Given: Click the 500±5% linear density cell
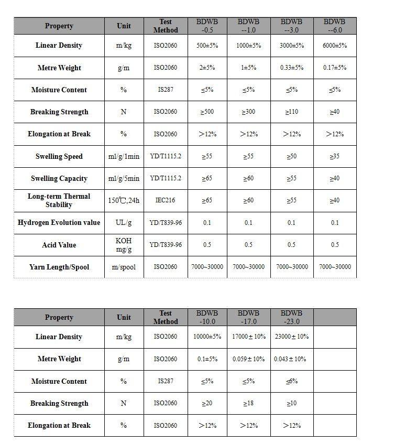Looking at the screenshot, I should pyautogui.click(x=207, y=46).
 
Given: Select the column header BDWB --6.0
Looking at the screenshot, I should pyautogui.click(x=334, y=26).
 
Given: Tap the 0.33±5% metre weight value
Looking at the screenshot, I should pyautogui.click(x=291, y=68).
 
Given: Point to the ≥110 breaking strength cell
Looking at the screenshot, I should pyautogui.click(x=291, y=112).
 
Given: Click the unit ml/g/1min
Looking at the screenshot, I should pyautogui.click(x=124, y=156).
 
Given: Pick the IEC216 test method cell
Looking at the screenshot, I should pyautogui.click(x=166, y=200).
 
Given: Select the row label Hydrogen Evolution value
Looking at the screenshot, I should pyautogui.click(x=59, y=222).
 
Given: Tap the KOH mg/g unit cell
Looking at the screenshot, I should pyautogui.click(x=124, y=245).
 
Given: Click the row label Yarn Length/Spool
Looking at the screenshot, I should pyautogui.click(x=59, y=267).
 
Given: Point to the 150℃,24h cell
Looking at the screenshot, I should pyautogui.click(x=124, y=200).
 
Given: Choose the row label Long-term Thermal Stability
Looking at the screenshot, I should pyautogui.click(x=59, y=200).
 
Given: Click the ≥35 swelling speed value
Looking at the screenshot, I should pyautogui.click(x=334, y=156).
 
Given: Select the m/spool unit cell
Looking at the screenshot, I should pyautogui.click(x=124, y=267).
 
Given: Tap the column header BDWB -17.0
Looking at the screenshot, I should pyautogui.click(x=248, y=317).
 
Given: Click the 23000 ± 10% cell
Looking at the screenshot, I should pyautogui.click(x=291, y=337).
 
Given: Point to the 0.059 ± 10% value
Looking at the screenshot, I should pyautogui.click(x=248, y=359).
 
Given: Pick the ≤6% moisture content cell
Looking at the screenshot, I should pyautogui.click(x=291, y=381).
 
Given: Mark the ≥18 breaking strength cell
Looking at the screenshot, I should pyautogui.click(x=248, y=403).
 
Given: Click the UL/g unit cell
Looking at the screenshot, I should pyautogui.click(x=124, y=222).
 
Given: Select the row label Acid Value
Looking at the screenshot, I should pyautogui.click(x=59, y=245).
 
